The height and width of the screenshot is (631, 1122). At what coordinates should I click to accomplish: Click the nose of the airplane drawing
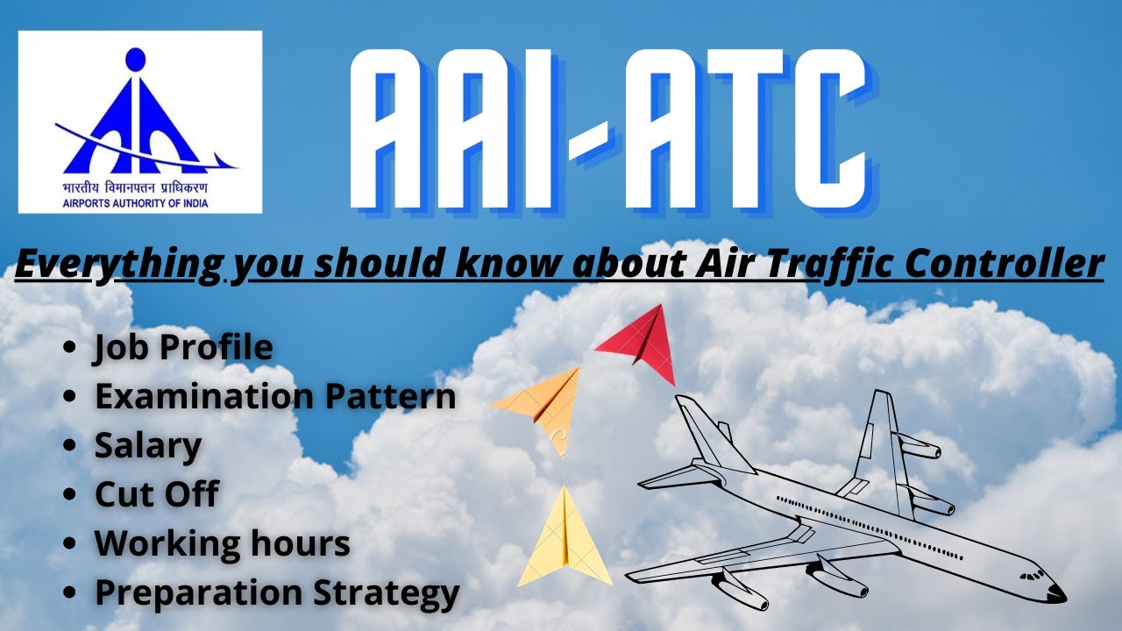pos(1055,593)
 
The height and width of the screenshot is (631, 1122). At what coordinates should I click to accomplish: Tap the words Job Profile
pos(183,348)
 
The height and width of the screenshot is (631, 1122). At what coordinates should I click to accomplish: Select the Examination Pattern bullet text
pos(275,397)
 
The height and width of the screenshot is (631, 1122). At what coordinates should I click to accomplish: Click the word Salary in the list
pos(148,446)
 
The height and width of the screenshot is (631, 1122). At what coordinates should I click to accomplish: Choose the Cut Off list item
pos(156,495)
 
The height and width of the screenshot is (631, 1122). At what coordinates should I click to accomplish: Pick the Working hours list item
pos(223,543)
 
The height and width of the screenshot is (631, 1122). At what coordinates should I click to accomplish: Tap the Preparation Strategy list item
pos(277,593)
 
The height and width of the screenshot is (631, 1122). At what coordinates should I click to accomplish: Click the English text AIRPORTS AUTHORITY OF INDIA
pos(136,202)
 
